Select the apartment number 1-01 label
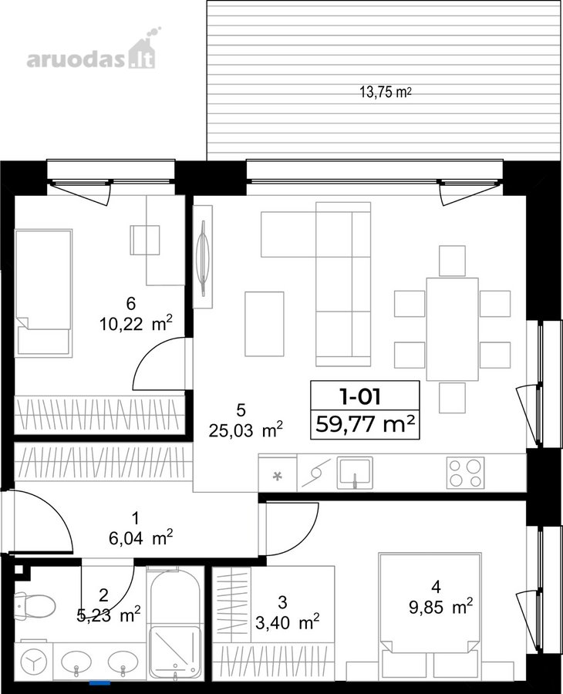click(x=360, y=396)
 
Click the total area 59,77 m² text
click(x=365, y=424)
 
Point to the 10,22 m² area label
click(x=136, y=324)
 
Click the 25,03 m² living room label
click(x=246, y=430)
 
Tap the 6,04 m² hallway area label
click(x=140, y=538)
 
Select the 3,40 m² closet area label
click(x=287, y=622)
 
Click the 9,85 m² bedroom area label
click(x=440, y=607)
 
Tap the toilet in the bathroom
click(x=34, y=605)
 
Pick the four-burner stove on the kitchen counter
click(x=465, y=473)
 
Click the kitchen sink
click(x=355, y=473)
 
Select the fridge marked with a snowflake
click(x=278, y=473)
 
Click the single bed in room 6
click(x=43, y=292)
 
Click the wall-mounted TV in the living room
click(x=203, y=257)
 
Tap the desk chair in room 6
click(x=144, y=240)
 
